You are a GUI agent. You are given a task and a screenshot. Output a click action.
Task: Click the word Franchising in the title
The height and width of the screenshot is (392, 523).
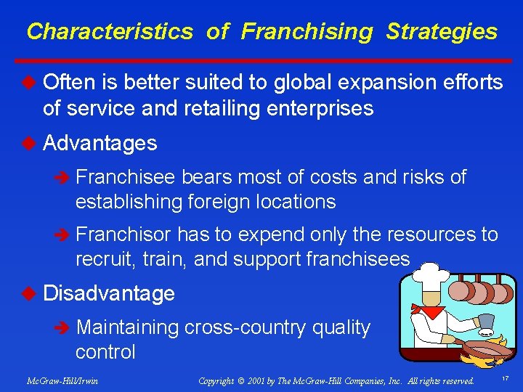point(306,32)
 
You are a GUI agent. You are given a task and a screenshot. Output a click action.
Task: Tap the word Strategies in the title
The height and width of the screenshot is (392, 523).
point(442,32)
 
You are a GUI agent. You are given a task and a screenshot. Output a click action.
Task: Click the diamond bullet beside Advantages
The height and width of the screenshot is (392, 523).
point(30,143)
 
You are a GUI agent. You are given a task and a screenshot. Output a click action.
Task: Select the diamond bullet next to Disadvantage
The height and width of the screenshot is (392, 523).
point(30,293)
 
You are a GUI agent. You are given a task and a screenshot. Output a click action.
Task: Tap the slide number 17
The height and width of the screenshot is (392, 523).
point(504,378)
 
